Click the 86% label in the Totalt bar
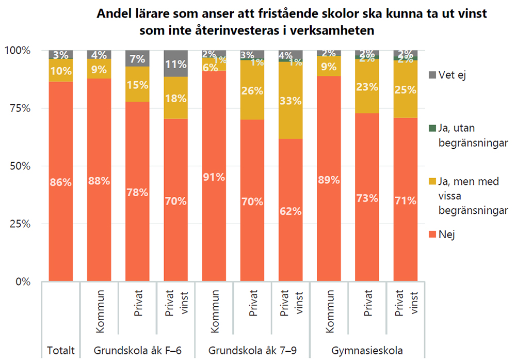(x=61, y=182)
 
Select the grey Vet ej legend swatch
(x=433, y=75)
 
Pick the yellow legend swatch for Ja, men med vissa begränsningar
(x=433, y=182)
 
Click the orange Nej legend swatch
(x=433, y=234)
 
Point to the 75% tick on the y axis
(x=19, y=108)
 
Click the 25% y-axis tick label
(x=19, y=224)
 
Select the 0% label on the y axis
(x=21, y=282)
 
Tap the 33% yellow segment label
(x=291, y=101)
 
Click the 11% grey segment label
(x=176, y=65)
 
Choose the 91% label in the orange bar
(x=214, y=177)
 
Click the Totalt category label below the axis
(x=61, y=351)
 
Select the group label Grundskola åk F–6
(x=137, y=351)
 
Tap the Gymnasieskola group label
(x=367, y=351)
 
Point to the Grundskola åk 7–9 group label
(x=252, y=351)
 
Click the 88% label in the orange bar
(x=99, y=181)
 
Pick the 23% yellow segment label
(x=367, y=87)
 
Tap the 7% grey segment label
(x=137, y=59)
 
